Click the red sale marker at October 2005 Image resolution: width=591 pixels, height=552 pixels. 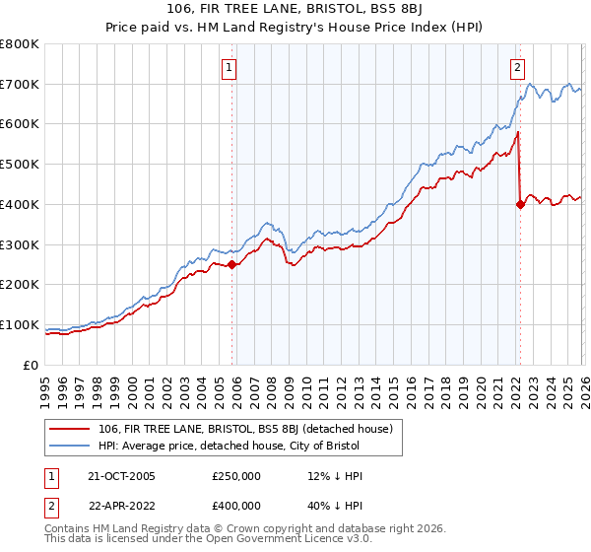[x=232, y=264]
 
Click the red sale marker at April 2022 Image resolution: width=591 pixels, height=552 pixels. [x=519, y=204]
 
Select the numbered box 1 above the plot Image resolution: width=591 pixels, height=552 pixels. [x=229, y=68]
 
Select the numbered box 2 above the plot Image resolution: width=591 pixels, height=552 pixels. [x=516, y=68]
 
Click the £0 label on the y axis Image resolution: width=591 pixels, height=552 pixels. [x=32, y=365]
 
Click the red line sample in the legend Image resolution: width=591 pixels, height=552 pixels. [x=71, y=430]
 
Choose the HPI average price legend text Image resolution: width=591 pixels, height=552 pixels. [x=229, y=447]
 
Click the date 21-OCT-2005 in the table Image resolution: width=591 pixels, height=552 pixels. [x=120, y=476]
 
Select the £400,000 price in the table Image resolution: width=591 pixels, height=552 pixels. [x=236, y=506]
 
